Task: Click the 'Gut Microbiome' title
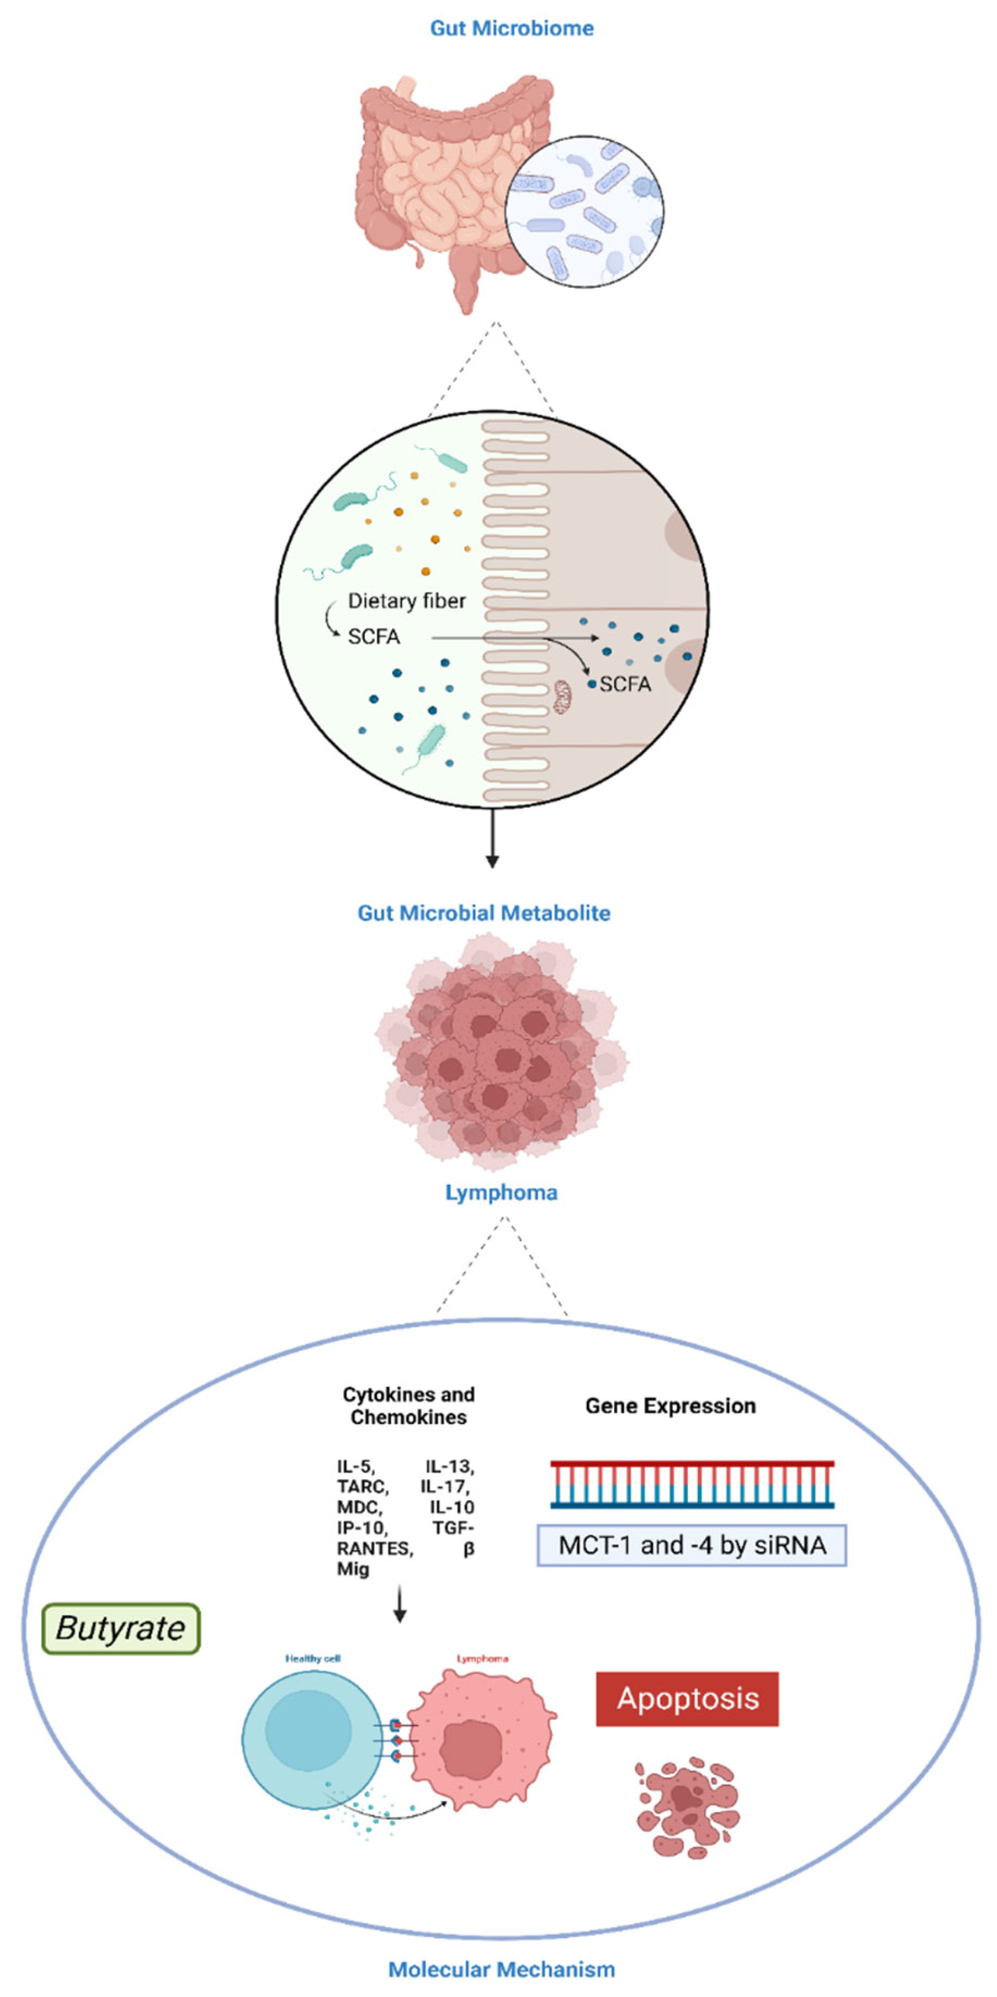click(512, 29)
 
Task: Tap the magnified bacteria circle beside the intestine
click(585, 211)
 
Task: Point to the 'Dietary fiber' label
click(406, 601)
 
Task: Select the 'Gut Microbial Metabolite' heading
click(483, 913)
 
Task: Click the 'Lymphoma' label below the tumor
click(501, 1192)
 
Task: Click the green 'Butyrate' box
click(121, 1628)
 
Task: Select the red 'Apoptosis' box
click(687, 1698)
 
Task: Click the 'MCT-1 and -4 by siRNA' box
click(691, 1545)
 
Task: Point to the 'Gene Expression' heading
click(670, 1405)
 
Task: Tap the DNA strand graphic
click(691, 1484)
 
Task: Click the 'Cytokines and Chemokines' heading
click(408, 1405)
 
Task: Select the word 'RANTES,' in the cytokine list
click(374, 1548)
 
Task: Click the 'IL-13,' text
click(449, 1466)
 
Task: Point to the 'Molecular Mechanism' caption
click(501, 1969)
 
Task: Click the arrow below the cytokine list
click(400, 1605)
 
